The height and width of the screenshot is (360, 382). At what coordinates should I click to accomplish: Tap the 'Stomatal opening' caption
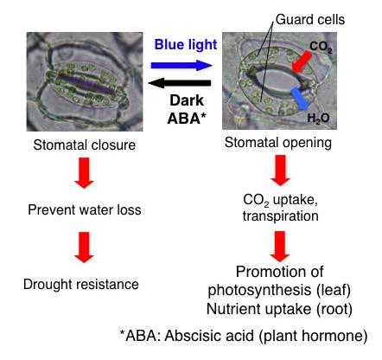[x=273, y=142]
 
